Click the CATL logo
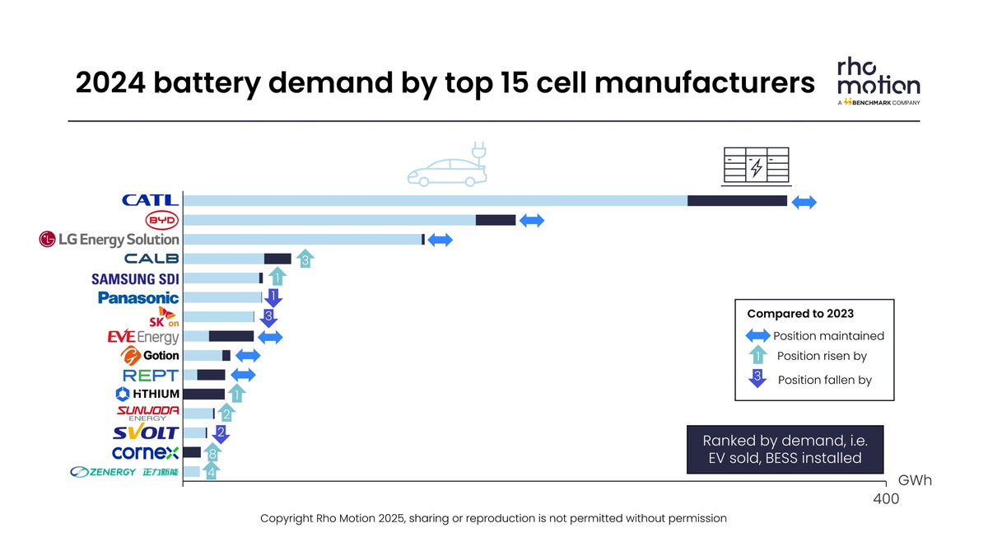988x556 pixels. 150,200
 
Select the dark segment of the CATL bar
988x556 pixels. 737,201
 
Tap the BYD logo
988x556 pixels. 161,220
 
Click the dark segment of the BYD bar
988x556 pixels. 496,220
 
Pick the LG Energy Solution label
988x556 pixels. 109,239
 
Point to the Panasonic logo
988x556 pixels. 137,297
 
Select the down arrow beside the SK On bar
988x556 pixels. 268,318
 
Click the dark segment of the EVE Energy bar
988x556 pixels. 231,336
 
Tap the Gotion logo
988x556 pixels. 150,356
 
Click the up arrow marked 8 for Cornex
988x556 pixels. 212,453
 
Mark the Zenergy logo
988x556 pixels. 124,472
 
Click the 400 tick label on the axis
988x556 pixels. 885,499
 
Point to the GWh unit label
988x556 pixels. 915,481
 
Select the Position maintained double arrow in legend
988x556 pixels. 757,336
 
